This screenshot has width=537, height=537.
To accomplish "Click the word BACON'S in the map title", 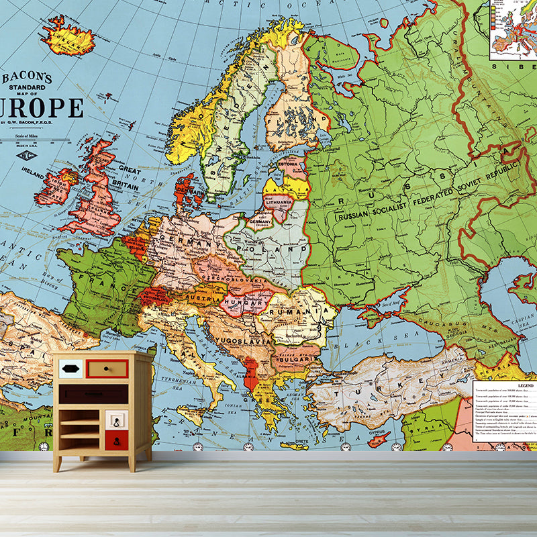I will [x=28, y=78].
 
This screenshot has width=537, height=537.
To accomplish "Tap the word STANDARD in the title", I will [x=28, y=88].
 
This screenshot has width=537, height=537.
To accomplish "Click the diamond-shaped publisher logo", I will [x=28, y=156].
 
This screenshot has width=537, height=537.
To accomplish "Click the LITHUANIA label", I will [x=279, y=201].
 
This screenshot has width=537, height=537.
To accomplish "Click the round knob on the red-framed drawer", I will [x=107, y=368].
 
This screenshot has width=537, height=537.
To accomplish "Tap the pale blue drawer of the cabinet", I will [x=71, y=368].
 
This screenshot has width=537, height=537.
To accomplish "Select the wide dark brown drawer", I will [x=93, y=394].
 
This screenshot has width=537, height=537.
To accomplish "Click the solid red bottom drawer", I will [x=116, y=440].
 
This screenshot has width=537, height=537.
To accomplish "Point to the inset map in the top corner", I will [x=513, y=30].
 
